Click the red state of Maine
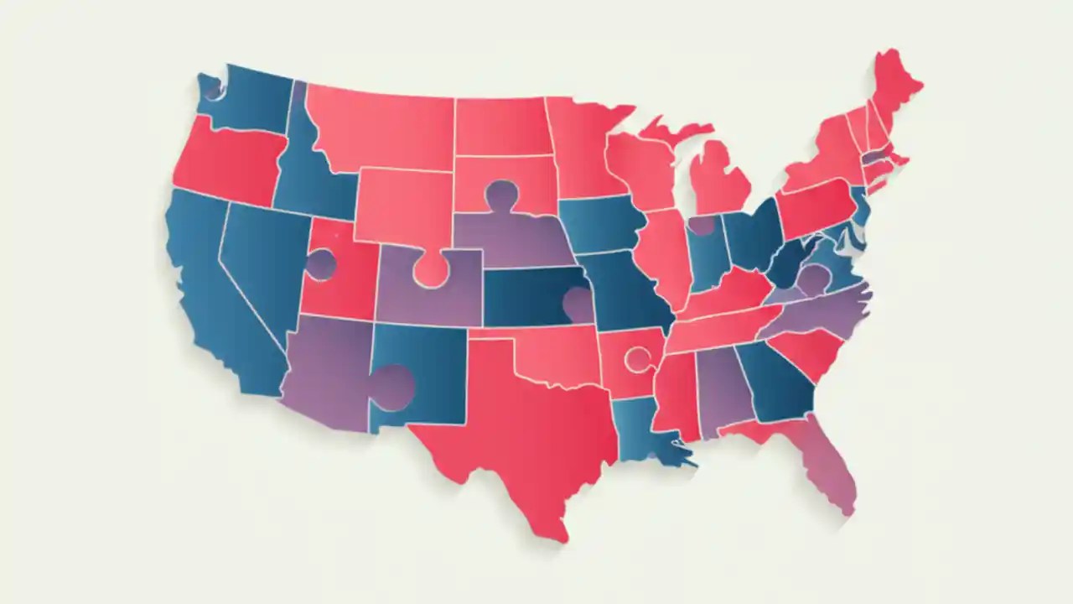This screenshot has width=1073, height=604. [893, 84]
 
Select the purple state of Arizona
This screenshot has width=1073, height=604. [327, 369]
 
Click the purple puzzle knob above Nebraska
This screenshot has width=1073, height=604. [501, 195]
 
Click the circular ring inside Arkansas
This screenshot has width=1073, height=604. [638, 359]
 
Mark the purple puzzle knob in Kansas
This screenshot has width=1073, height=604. [578, 303]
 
